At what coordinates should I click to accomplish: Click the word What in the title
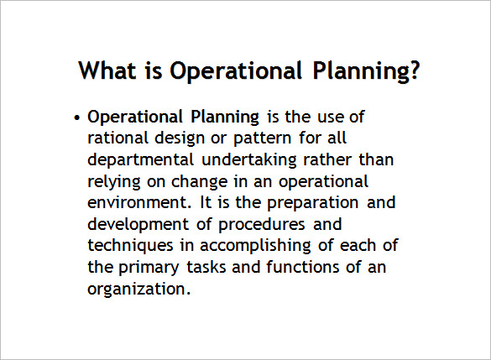pyautogui.click(x=106, y=70)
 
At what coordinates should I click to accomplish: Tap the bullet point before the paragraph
pyautogui.click(x=77, y=117)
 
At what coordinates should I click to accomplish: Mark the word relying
pyautogui.click(x=113, y=181)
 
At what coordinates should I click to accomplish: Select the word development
pyautogui.click(x=135, y=225)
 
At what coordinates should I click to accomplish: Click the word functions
pyautogui.click(x=296, y=269)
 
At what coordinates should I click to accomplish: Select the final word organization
pyautogui.click(x=139, y=290)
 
